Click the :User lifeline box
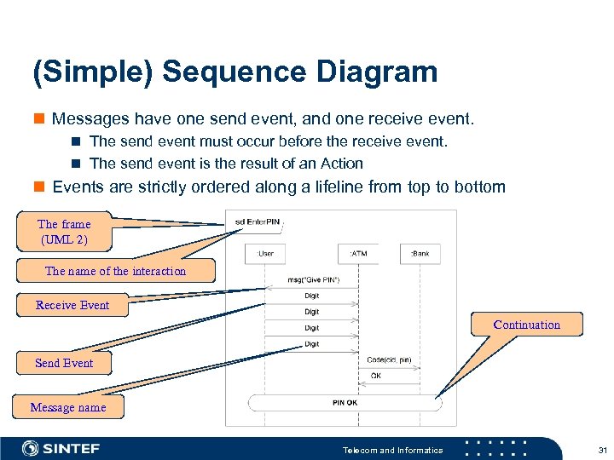coord(266,253)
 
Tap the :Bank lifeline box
coord(421,253)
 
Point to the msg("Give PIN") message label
coord(314,280)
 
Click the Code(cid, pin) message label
coord(389,359)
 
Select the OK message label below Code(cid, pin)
coord(376,376)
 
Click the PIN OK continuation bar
coord(345,402)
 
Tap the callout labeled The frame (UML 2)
coord(64,232)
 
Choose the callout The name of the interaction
coord(115,271)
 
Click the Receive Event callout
coord(72,305)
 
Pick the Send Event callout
coord(64,363)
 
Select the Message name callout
coord(68,407)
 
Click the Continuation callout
coord(526,325)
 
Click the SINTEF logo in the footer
coord(61,449)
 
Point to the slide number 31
coord(602,450)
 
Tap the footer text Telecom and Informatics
coord(392,450)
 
